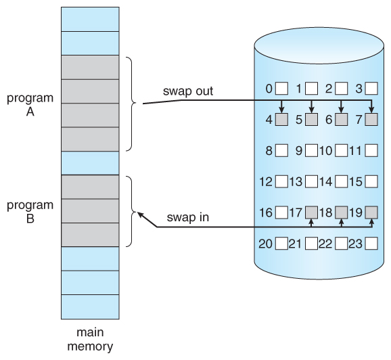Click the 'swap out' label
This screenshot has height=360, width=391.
coord(187,91)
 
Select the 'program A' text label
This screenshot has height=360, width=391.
coord(29,105)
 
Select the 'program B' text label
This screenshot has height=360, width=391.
coord(29,211)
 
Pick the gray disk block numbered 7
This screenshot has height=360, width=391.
coord(371,120)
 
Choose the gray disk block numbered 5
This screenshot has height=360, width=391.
coord(311,120)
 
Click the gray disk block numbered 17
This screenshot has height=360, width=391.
coord(311,212)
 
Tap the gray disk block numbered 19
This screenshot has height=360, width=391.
coord(371,212)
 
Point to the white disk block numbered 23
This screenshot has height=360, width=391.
coord(371,244)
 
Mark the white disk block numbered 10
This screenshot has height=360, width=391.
coord(341,151)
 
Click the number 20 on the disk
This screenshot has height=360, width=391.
coord(265,244)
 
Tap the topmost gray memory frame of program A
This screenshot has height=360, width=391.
coord(89,67)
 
